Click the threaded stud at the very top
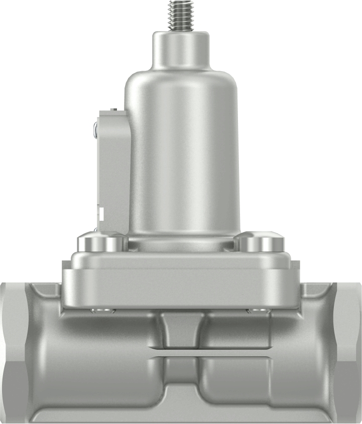click(181, 15)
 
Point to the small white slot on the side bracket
click(101, 214)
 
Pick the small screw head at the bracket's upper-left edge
click(95, 129)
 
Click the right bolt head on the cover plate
click(260, 243)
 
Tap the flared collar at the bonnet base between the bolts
click(181, 244)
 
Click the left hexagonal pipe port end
click(13, 351)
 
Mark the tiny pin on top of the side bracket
click(114, 109)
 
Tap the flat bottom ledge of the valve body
click(181, 416)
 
